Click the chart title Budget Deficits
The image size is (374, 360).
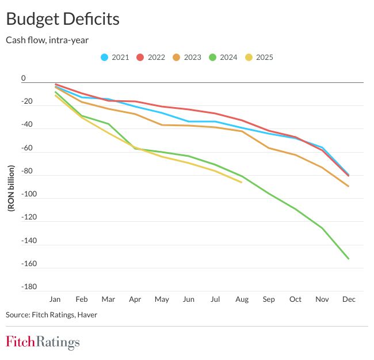pos(63,19)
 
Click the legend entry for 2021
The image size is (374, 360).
pos(115,57)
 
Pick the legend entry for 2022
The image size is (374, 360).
pos(151,57)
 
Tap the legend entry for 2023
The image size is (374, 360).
pos(186,57)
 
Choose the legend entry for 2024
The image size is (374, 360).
pos(223,57)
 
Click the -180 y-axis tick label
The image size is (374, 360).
pos(29,287)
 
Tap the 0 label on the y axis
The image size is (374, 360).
pos(24,78)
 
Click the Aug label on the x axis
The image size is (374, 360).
pos(242,300)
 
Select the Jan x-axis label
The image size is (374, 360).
pos(55,300)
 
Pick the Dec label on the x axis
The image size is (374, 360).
pos(349,300)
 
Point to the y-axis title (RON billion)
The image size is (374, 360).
pos(11,187)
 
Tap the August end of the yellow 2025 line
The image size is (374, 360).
pos(242,182)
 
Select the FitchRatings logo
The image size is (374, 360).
pos(43,342)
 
